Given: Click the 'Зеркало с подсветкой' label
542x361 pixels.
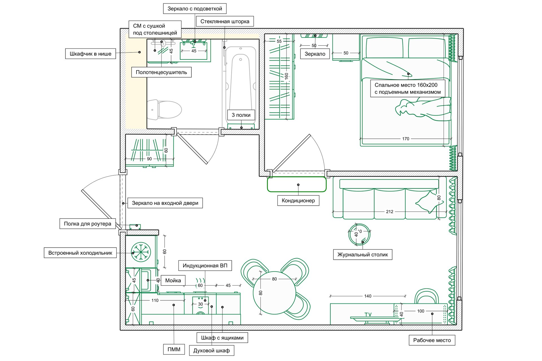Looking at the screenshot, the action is (x=195, y=8).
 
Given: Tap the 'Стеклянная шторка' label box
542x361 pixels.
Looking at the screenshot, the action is (x=225, y=21).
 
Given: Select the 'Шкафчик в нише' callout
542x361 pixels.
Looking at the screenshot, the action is (x=90, y=54).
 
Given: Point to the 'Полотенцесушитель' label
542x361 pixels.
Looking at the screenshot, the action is (x=161, y=72).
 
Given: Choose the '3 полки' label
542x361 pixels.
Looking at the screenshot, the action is (x=241, y=115).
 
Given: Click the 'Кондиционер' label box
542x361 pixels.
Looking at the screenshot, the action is (x=298, y=201).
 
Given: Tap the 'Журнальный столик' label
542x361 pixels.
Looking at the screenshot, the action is (x=362, y=255).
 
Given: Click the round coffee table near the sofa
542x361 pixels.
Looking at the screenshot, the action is (x=359, y=234).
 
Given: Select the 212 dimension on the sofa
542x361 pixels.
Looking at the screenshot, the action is (x=390, y=212).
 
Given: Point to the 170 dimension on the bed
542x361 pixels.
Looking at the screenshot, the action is (x=406, y=139).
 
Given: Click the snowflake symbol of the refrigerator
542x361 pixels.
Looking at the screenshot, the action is (x=141, y=252).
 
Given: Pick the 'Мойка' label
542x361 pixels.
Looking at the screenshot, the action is (x=173, y=281).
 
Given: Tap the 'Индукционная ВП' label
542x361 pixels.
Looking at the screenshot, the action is (x=205, y=266).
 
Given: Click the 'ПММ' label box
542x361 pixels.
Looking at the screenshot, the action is (x=174, y=349).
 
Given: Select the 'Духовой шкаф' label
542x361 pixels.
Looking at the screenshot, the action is (x=211, y=351).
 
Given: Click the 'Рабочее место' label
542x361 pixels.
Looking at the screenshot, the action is (x=432, y=340).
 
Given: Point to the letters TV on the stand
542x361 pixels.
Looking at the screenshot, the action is (x=368, y=315).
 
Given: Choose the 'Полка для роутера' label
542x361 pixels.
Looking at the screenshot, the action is (x=88, y=224).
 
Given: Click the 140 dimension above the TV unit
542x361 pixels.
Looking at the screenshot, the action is (x=368, y=296).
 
